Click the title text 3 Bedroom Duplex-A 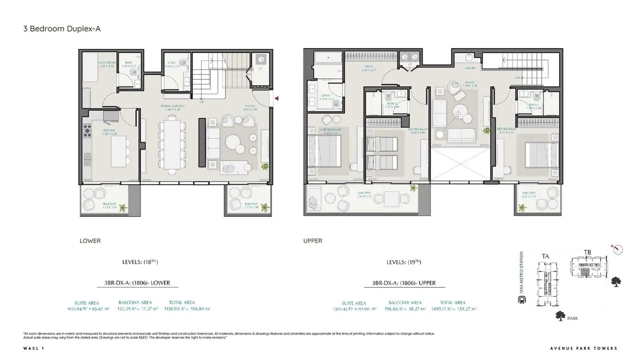[62, 28]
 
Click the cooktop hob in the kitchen [86, 131]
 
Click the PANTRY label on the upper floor [470, 68]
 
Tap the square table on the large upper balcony [392, 198]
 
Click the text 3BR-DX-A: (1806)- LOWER [133, 283]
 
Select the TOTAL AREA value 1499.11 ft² [452, 309]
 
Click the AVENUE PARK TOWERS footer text [583, 348]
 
